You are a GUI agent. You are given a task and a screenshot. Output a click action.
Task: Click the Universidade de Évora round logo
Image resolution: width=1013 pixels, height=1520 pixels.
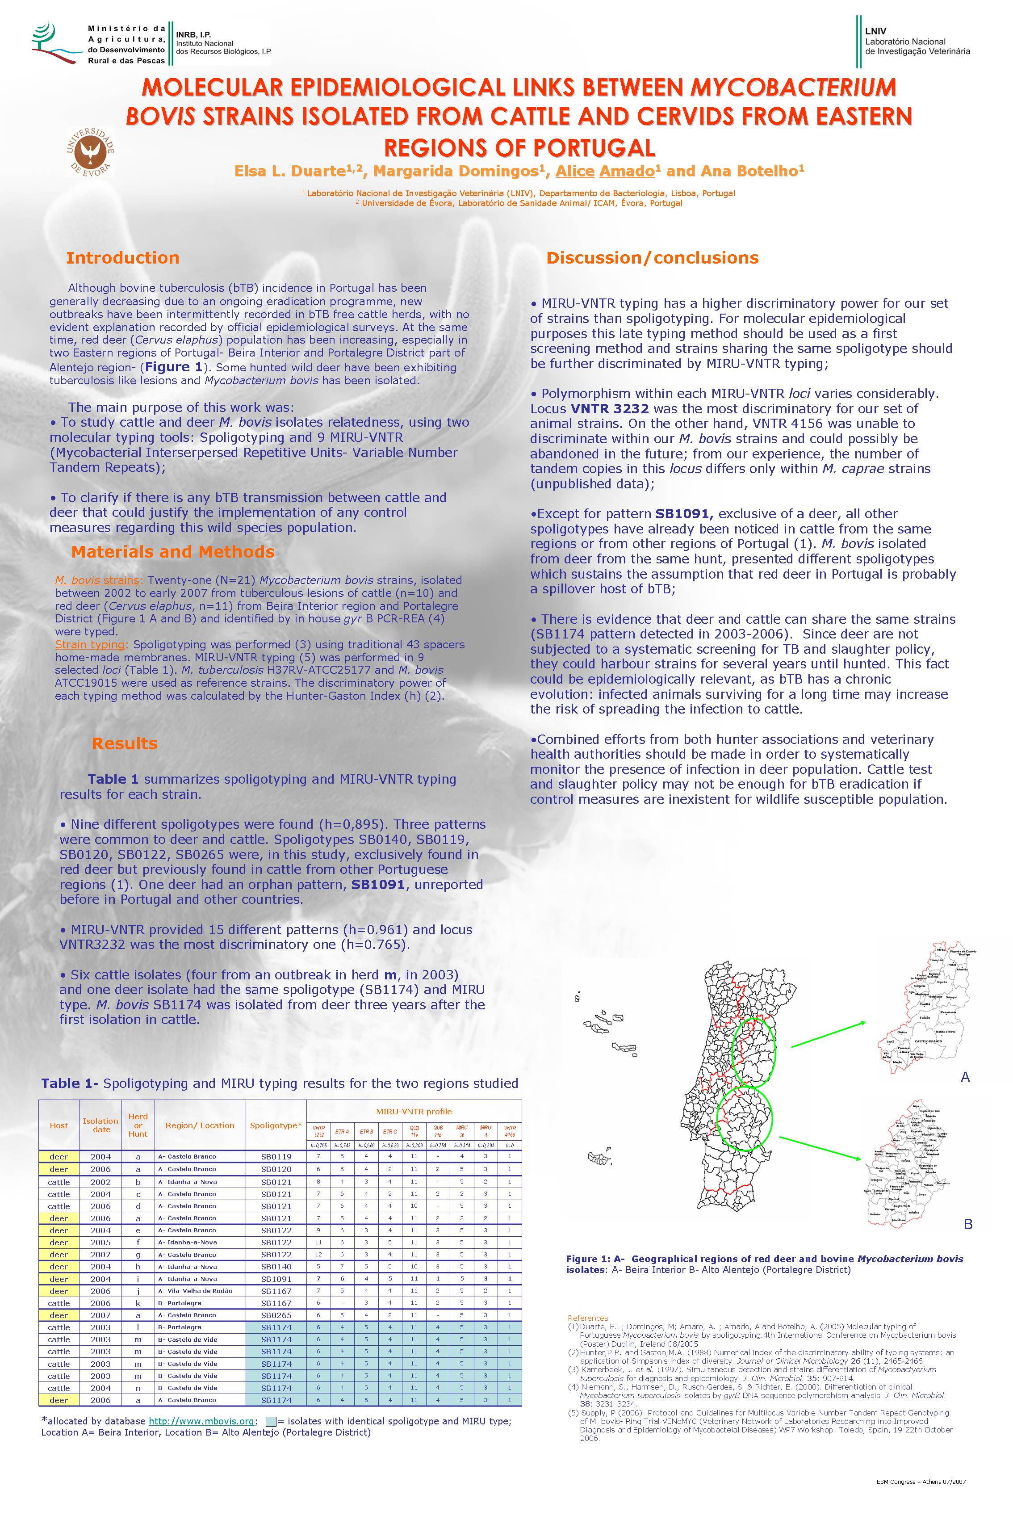90,152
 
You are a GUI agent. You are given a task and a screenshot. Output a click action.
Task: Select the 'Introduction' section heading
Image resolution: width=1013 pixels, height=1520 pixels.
123,258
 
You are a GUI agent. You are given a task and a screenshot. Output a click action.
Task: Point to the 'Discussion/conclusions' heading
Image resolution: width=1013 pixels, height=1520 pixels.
652,258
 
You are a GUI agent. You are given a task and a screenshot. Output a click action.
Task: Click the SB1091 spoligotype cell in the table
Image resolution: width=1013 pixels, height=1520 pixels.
276,1279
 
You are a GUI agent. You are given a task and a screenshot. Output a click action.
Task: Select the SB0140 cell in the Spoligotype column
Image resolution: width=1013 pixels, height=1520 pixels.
276,1267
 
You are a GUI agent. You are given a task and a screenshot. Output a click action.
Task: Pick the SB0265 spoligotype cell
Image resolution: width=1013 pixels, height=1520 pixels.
276,1315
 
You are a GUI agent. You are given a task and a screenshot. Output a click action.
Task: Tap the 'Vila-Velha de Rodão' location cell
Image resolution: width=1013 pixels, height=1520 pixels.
195,1291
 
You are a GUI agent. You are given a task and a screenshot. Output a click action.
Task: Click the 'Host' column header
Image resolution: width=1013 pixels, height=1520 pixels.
59,1125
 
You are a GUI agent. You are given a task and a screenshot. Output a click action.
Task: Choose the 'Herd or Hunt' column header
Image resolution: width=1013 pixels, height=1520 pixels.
138,1125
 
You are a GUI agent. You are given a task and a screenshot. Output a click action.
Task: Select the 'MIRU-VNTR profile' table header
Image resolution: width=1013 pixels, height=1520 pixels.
414,1112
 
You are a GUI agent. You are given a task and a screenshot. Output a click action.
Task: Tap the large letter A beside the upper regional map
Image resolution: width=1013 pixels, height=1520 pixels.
965,1077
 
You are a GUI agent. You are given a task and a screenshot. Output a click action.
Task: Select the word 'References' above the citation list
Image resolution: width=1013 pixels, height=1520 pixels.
587,1318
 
